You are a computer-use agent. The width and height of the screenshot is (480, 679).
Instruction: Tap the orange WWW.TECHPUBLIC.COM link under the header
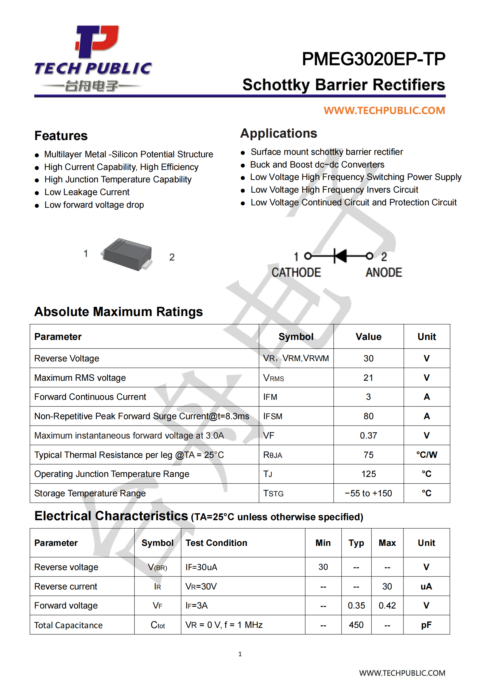coord(384,111)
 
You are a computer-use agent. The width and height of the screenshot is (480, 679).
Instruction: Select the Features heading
coord(61,136)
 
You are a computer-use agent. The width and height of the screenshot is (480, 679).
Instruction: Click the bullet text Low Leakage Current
coord(87,192)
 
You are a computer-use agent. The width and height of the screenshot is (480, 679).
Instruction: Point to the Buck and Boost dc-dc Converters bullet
coord(317,165)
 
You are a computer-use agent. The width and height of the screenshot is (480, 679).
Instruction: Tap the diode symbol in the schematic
coord(340,256)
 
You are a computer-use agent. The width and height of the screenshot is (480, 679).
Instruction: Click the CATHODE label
coord(296,273)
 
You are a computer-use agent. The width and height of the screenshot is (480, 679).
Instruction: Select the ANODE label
coord(384,273)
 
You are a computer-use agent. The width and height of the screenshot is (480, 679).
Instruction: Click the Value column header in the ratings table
coord(368,337)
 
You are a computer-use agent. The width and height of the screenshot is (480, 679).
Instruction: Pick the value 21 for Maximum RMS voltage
coord(368,378)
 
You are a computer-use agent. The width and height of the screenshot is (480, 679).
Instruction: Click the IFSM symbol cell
coord(273,416)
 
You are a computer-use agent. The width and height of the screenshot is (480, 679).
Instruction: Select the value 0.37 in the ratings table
coord(368,436)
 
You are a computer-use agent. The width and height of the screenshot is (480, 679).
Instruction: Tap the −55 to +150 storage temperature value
coord(368,493)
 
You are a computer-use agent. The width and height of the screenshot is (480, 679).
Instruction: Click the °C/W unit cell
coord(426,455)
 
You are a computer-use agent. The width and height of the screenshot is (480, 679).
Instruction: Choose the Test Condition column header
coord(216,543)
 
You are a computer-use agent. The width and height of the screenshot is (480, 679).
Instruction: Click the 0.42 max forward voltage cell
coord(387,606)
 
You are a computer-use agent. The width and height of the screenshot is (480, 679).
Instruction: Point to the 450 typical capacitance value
coord(356,625)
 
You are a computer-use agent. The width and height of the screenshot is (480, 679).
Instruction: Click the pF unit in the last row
coord(426,625)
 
